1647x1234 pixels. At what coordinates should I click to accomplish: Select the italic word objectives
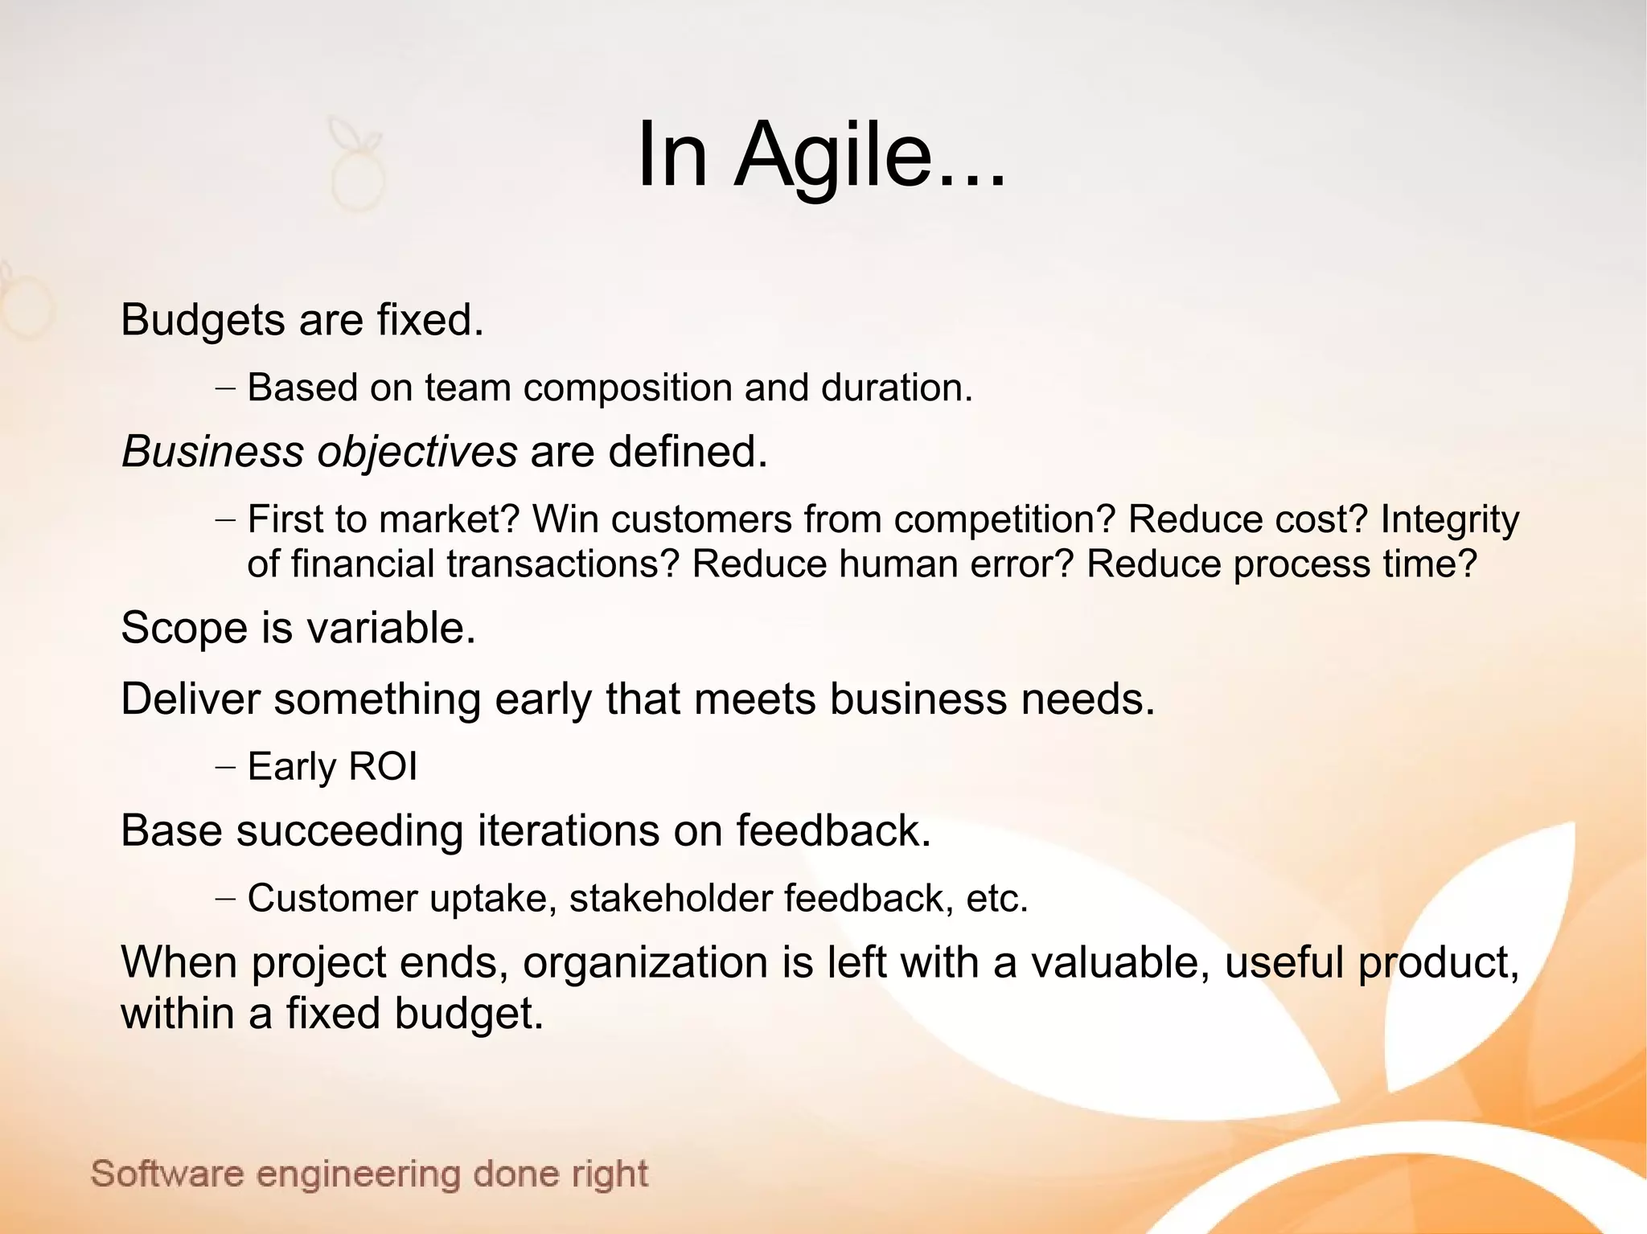pos(417,452)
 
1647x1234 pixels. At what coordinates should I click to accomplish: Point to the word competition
pos(1004,519)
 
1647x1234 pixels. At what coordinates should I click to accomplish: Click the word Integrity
pos(1449,519)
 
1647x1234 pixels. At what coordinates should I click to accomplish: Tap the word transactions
pos(563,564)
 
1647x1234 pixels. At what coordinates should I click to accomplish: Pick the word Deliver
pos(191,699)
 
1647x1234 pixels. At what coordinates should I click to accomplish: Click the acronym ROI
pos(384,766)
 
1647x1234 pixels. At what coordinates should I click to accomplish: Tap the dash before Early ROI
pos(226,767)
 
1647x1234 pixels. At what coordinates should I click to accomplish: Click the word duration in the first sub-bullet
pos(896,388)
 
